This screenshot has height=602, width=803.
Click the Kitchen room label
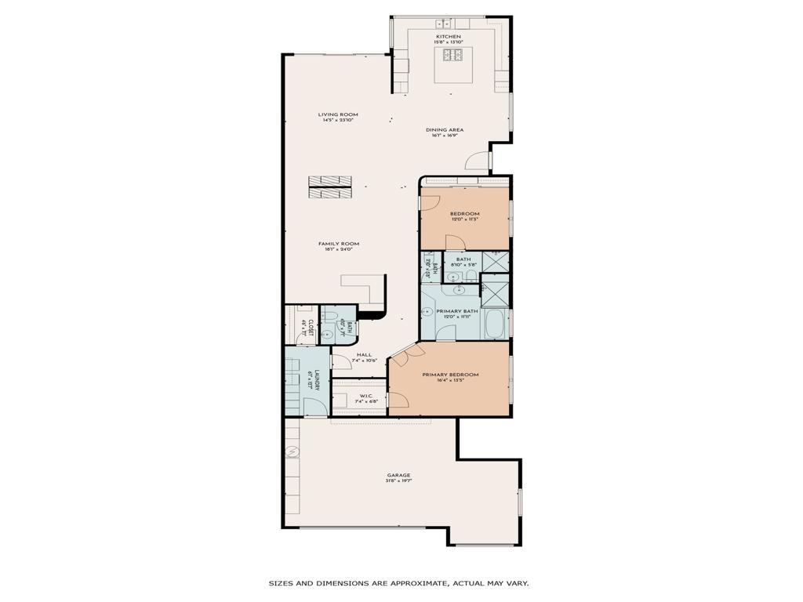tap(449, 36)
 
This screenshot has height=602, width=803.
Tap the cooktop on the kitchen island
tap(453, 55)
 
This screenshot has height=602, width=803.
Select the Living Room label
tap(337, 114)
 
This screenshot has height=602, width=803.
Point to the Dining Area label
tap(445, 130)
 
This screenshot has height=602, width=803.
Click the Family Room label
tap(339, 244)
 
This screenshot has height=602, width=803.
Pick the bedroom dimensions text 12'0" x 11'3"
tap(464, 219)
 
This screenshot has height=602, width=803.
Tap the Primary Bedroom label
tap(450, 375)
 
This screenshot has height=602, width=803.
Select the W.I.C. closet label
tap(365, 395)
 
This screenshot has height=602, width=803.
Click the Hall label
tap(364, 355)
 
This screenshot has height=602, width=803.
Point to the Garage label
tap(398, 475)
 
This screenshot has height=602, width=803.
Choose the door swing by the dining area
tap(477, 160)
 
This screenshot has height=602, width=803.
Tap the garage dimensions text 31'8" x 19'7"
tap(398, 481)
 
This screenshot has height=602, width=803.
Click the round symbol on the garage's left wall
tap(292, 451)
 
